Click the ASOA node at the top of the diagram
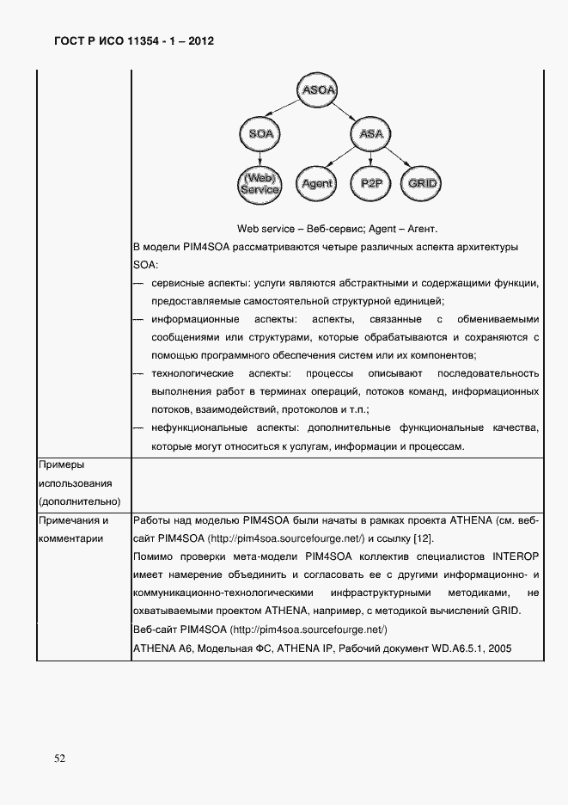317,89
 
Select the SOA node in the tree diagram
260,134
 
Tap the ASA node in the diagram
370,134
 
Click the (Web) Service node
260,183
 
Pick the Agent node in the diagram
318,183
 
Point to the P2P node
371,183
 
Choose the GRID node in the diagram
422,183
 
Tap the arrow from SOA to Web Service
260,157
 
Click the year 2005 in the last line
499,648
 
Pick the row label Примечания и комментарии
75,529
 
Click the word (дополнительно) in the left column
79,501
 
